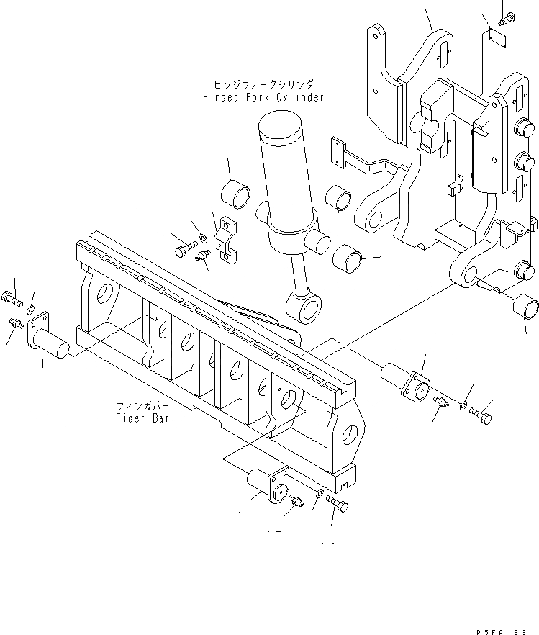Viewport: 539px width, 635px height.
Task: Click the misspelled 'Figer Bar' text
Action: [x=142, y=418]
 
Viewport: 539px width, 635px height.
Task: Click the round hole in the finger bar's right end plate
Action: [x=349, y=434]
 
